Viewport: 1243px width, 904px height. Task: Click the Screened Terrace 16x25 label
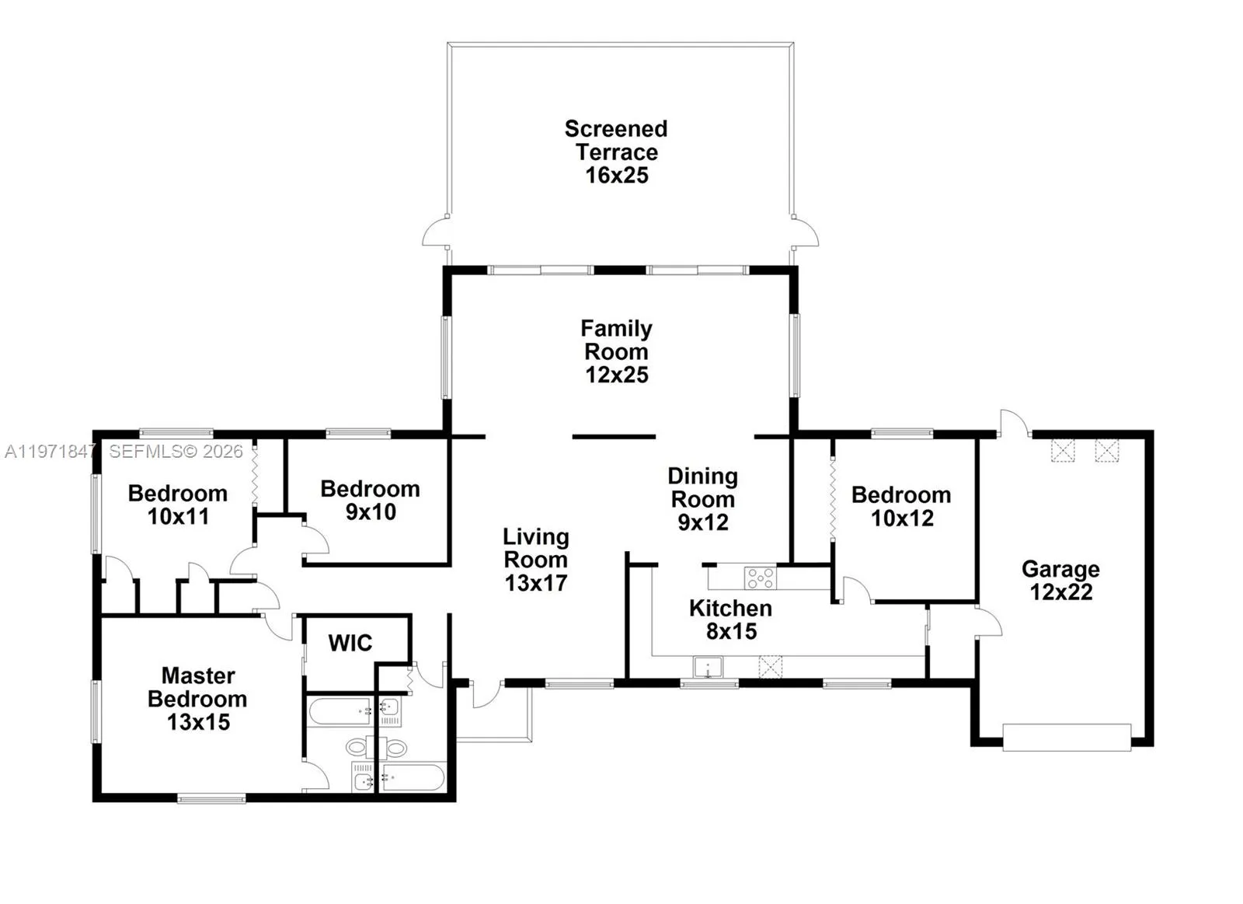coord(616,152)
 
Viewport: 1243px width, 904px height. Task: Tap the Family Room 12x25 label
coord(617,351)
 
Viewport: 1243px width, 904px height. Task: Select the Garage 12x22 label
coord(1060,581)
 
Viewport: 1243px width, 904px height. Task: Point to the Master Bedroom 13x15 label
coord(197,699)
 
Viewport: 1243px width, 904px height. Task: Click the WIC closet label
coord(350,643)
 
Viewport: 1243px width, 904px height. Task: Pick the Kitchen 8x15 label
coord(730,620)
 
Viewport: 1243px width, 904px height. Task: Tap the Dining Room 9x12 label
coord(702,499)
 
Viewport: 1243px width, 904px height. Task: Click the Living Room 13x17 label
coord(536,560)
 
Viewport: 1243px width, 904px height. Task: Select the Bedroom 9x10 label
coord(370,501)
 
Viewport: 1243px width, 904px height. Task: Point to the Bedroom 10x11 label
coord(178,504)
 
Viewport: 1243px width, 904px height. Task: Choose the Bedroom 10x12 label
coord(901,507)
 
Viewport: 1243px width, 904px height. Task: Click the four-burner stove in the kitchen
coord(761,578)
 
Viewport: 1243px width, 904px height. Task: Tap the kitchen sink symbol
coord(708,668)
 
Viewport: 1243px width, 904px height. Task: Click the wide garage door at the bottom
coord(1067,738)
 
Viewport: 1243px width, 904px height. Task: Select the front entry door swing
coord(486,695)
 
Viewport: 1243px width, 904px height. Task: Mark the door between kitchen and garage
coord(990,623)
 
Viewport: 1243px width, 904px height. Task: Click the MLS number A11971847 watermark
coord(50,452)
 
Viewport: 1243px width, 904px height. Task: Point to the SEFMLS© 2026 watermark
coord(176,452)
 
